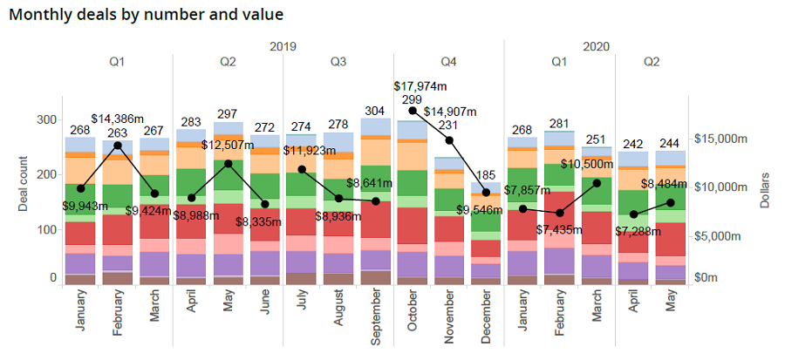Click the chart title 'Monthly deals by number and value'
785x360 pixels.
pyautogui.click(x=146, y=15)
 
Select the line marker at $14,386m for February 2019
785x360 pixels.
pyautogui.click(x=118, y=146)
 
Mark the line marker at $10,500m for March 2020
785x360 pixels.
pyautogui.click(x=597, y=183)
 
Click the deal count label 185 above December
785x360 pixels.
pyautogui.click(x=486, y=175)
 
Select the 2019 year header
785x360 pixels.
pyautogui.click(x=283, y=46)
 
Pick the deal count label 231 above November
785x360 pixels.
pyautogui.click(x=449, y=126)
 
